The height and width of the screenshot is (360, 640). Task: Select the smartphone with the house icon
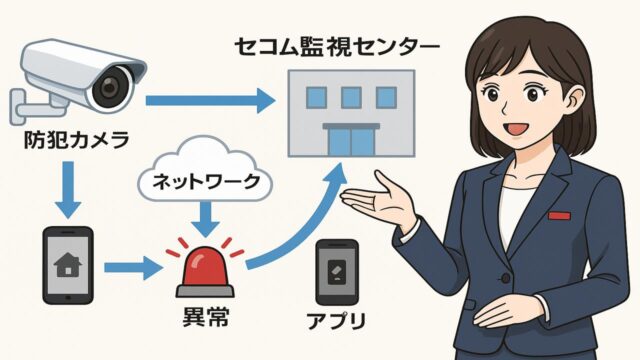point(69,264)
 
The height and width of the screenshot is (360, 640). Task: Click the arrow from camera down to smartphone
point(67,190)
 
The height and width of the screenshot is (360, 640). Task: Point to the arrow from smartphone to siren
point(133,267)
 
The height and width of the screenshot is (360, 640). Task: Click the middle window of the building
point(350,97)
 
